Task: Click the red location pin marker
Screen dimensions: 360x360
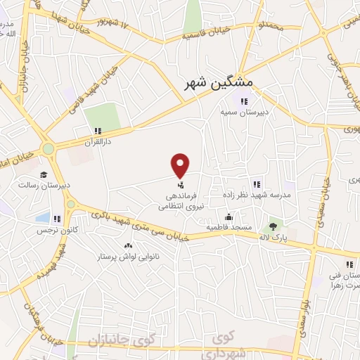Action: coord(181,165)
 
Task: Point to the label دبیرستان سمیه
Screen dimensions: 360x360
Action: coord(244,112)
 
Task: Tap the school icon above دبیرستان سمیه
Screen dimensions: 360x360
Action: coord(244,101)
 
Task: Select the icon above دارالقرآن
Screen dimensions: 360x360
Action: coord(98,130)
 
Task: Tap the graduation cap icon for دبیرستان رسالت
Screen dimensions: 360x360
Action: coord(44,174)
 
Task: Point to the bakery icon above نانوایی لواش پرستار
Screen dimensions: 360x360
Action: coord(128,245)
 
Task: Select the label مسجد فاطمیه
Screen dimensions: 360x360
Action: coord(229,228)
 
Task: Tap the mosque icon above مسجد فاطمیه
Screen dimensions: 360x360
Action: coord(229,217)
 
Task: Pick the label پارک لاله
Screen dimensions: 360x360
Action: coord(273,238)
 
